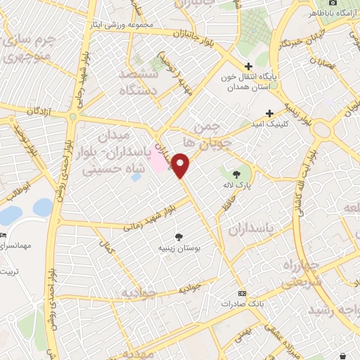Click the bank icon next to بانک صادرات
pyautogui.click(x=243, y=293)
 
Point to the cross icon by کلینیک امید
pyautogui.click(x=269, y=113)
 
